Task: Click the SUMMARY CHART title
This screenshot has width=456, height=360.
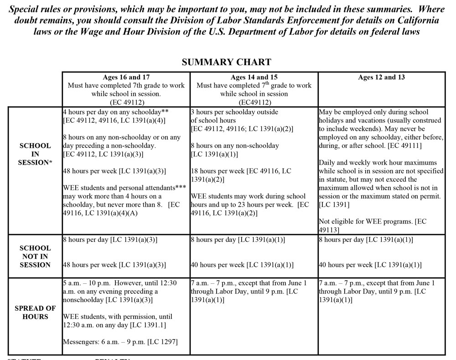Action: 226,62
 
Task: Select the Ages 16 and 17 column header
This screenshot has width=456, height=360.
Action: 126,77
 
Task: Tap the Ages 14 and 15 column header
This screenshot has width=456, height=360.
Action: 254,77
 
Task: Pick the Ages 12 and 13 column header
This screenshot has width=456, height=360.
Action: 381,77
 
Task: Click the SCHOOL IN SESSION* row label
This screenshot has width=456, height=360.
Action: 35,154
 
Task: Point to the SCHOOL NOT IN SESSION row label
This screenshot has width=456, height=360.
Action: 35,256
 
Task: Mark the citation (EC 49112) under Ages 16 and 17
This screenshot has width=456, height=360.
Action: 126,102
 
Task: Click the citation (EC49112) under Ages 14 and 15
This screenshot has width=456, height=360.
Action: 254,102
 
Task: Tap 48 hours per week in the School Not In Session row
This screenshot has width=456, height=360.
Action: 90,265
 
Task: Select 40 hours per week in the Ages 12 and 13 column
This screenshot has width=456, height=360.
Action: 345,265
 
